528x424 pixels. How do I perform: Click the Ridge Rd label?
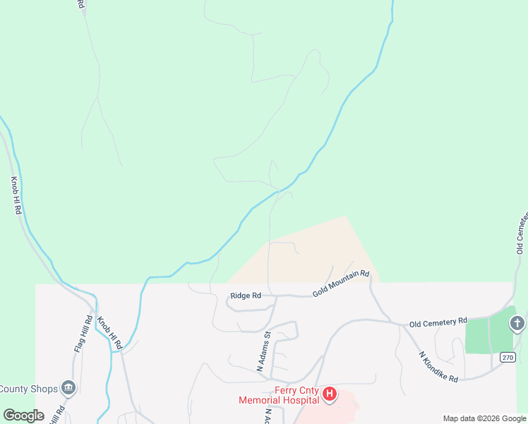tap(246, 296)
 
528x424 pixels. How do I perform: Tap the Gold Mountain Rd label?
tap(341, 283)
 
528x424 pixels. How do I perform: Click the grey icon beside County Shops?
tap(68, 387)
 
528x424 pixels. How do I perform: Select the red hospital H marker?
tap(329, 395)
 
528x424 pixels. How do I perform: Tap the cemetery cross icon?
tap(517, 324)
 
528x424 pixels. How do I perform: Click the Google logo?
tap(23, 416)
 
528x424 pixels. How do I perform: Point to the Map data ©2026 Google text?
tap(484, 418)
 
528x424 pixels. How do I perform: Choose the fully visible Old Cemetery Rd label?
tap(438, 322)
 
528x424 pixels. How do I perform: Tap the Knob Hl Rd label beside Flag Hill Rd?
tap(110, 332)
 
